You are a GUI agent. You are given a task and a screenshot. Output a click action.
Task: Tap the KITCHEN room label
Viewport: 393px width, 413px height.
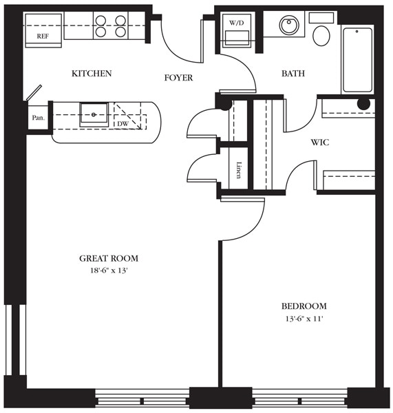92,74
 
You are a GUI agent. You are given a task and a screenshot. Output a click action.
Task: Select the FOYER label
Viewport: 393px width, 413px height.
178,78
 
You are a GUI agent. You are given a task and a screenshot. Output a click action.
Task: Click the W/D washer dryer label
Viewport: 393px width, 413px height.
236,23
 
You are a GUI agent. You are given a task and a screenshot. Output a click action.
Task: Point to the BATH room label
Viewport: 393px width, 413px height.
293,74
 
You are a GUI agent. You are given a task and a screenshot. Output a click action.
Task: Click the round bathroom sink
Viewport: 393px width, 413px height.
292,27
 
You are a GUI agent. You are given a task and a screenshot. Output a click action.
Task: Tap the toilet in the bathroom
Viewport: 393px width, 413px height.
321,32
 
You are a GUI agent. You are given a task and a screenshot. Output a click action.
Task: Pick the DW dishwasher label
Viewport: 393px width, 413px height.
123,124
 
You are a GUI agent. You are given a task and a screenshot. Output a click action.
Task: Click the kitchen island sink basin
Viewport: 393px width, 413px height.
93,113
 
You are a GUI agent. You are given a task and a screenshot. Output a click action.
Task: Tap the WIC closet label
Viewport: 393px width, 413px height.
320,142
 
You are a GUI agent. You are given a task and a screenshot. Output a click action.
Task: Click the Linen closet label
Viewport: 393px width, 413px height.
238,170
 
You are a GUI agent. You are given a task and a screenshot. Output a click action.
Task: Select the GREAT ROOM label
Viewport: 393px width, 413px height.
109,259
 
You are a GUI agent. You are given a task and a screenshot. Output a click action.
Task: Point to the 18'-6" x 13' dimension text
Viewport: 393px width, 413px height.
109,271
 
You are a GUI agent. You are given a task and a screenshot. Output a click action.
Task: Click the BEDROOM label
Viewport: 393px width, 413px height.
304,306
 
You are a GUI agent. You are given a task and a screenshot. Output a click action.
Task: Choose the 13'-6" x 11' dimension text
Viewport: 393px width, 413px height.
304,319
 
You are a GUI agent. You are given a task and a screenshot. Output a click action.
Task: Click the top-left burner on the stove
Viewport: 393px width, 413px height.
100,20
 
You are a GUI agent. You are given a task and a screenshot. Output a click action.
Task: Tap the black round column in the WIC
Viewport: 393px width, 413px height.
363,104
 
